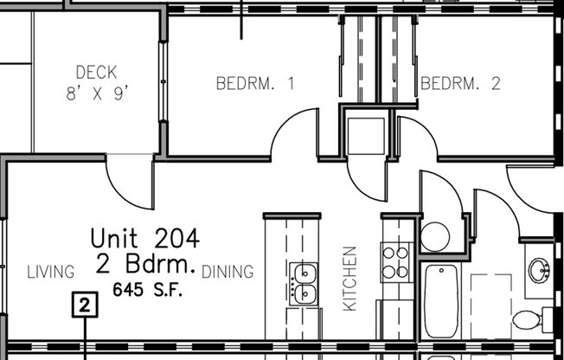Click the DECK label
click(95, 73)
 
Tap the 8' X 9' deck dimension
click(95, 93)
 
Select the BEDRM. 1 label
click(255, 84)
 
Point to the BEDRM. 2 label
click(460, 84)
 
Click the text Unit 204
click(145, 237)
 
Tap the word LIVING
click(50, 273)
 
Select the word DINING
click(228, 273)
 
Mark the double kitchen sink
click(303, 283)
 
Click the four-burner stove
click(396, 261)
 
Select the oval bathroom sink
click(540, 270)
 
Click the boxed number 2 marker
click(84, 305)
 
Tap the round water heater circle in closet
click(434, 235)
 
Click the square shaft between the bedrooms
click(366, 133)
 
